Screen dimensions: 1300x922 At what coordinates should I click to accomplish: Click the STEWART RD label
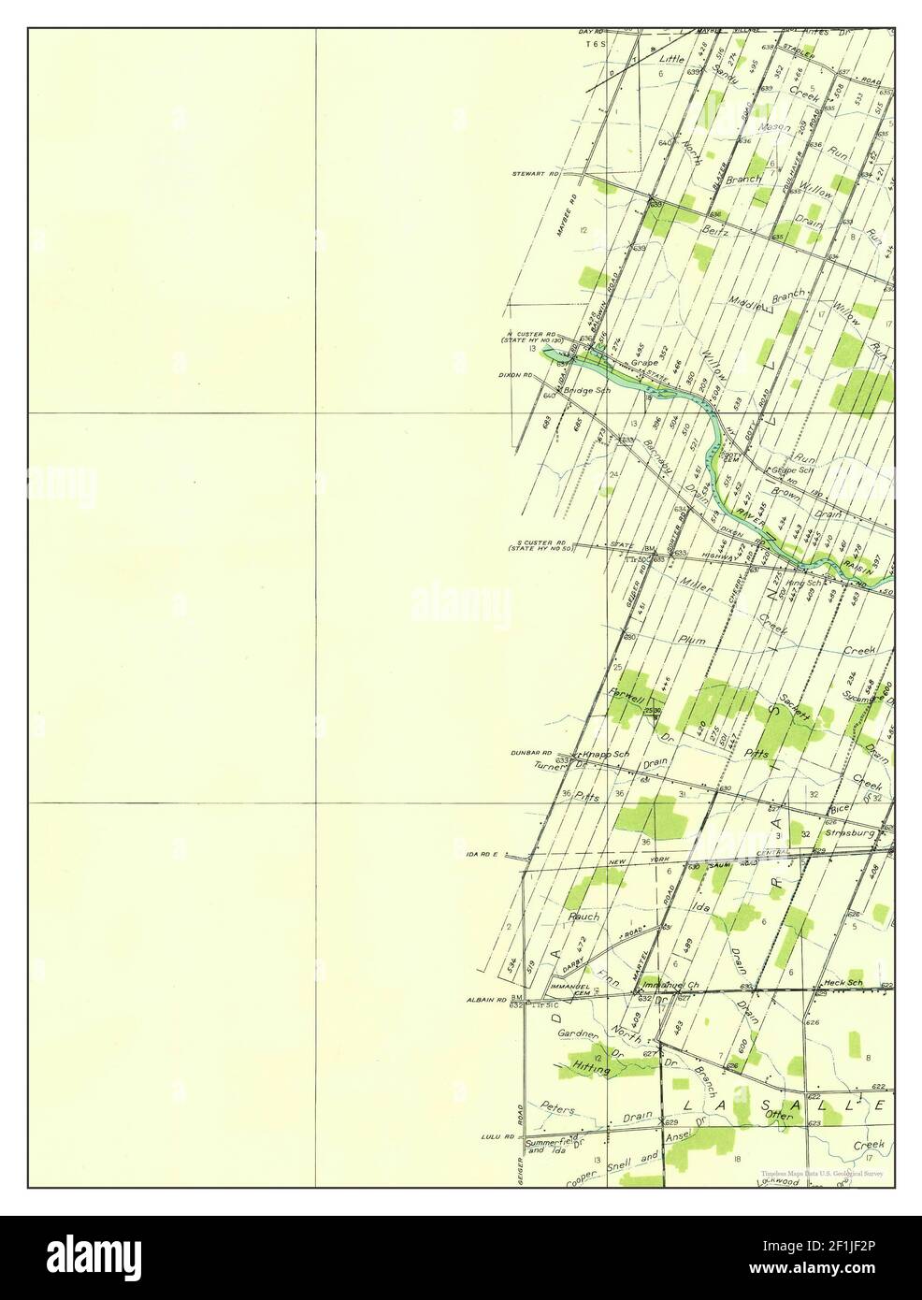click(535, 174)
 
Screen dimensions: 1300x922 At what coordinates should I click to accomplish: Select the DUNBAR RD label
click(530, 753)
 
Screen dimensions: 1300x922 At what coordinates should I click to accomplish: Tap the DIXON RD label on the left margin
click(515, 374)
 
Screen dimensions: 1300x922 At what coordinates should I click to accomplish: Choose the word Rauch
click(583, 917)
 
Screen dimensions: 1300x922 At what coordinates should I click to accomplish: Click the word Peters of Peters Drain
click(559, 1107)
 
